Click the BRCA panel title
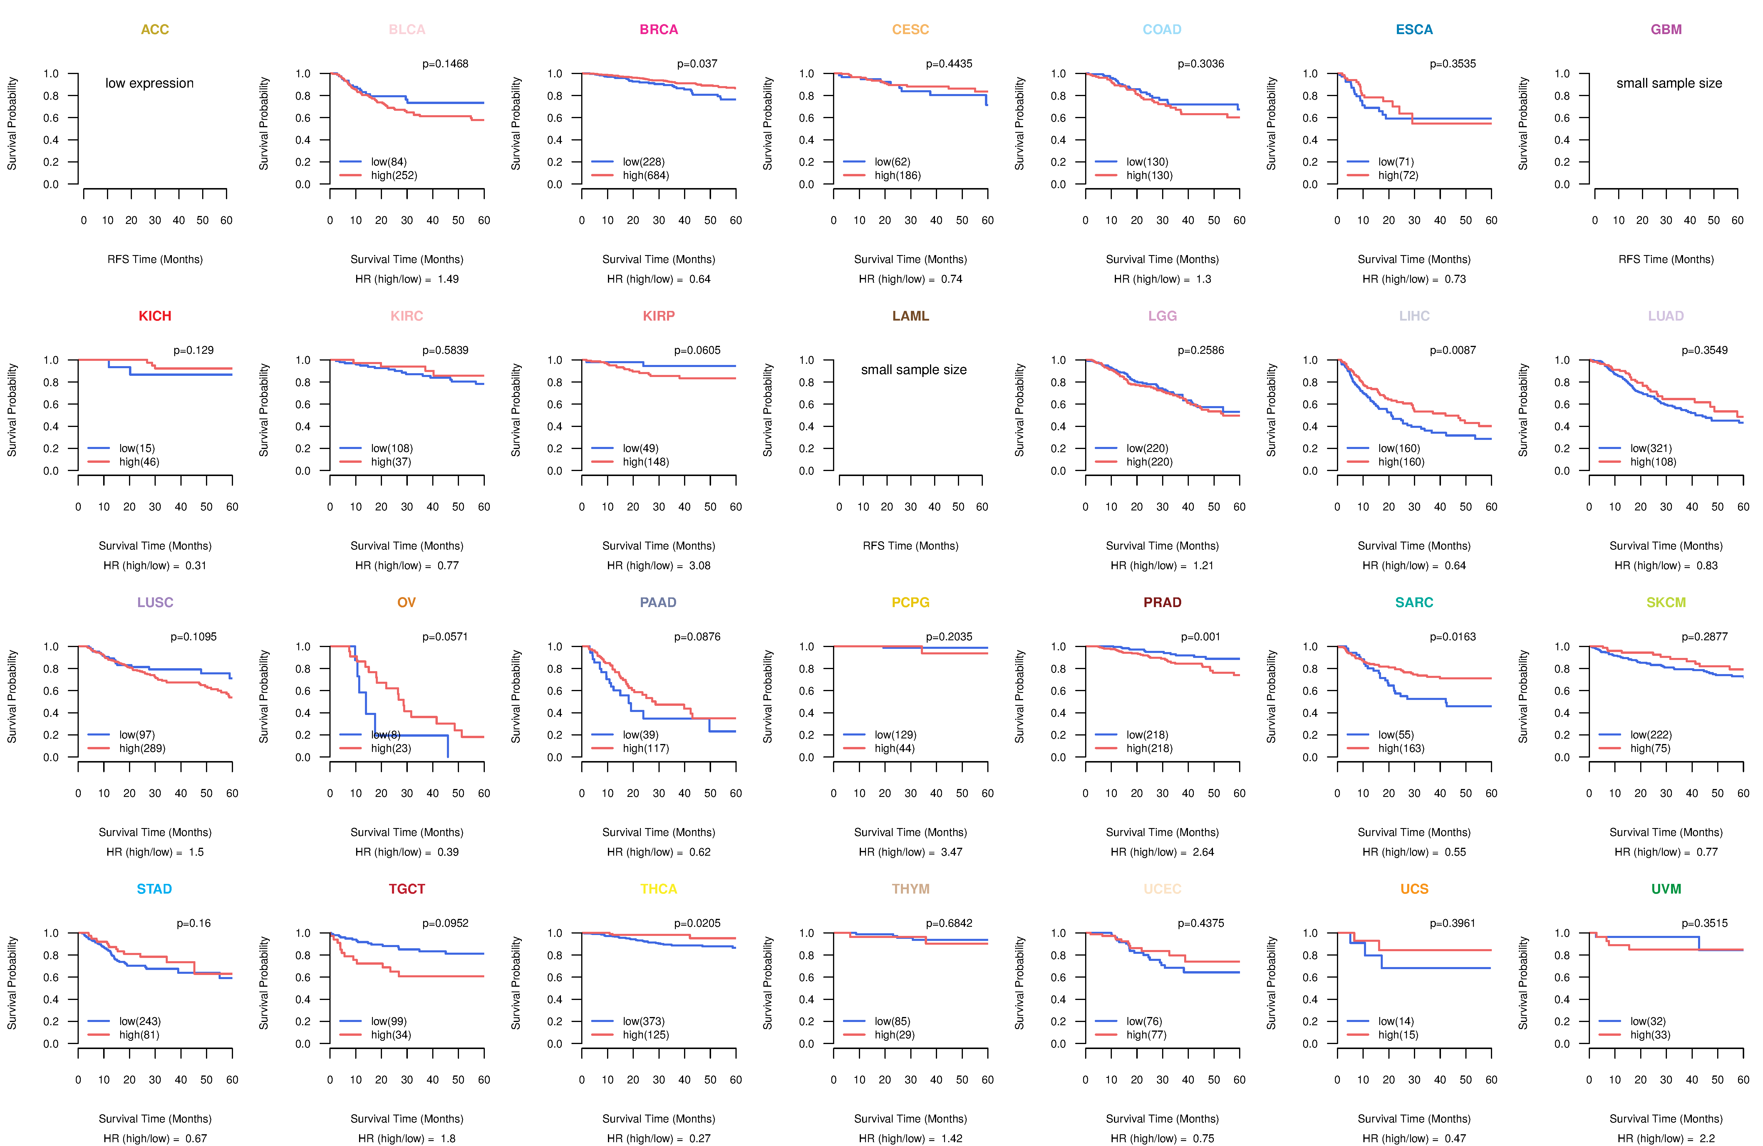658,30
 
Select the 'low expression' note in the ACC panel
150,83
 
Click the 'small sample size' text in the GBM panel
1669,83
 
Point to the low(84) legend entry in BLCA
388,162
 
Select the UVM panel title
1666,889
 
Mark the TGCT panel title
407,889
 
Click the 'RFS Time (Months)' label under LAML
910,546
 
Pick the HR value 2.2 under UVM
1707,1139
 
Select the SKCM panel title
1666,602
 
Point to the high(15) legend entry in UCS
1398,1035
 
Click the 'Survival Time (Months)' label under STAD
155,1119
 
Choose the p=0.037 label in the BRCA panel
697,64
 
